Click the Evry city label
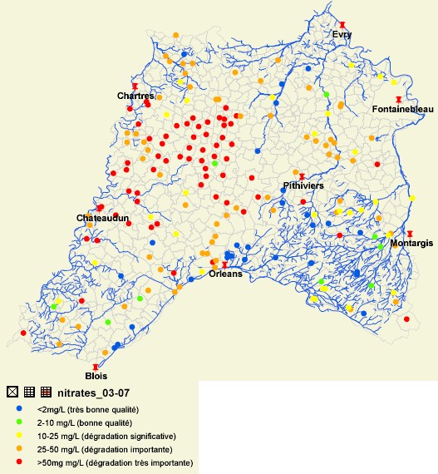pos(342,34)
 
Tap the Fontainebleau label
pos(400,110)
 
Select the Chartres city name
pos(135,96)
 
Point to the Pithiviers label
pos(303,185)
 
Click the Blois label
pos(96,376)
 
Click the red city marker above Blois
pos(96,366)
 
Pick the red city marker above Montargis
pos(410,234)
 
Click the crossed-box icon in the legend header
pos(12,392)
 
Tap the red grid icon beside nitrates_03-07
pos(47,392)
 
